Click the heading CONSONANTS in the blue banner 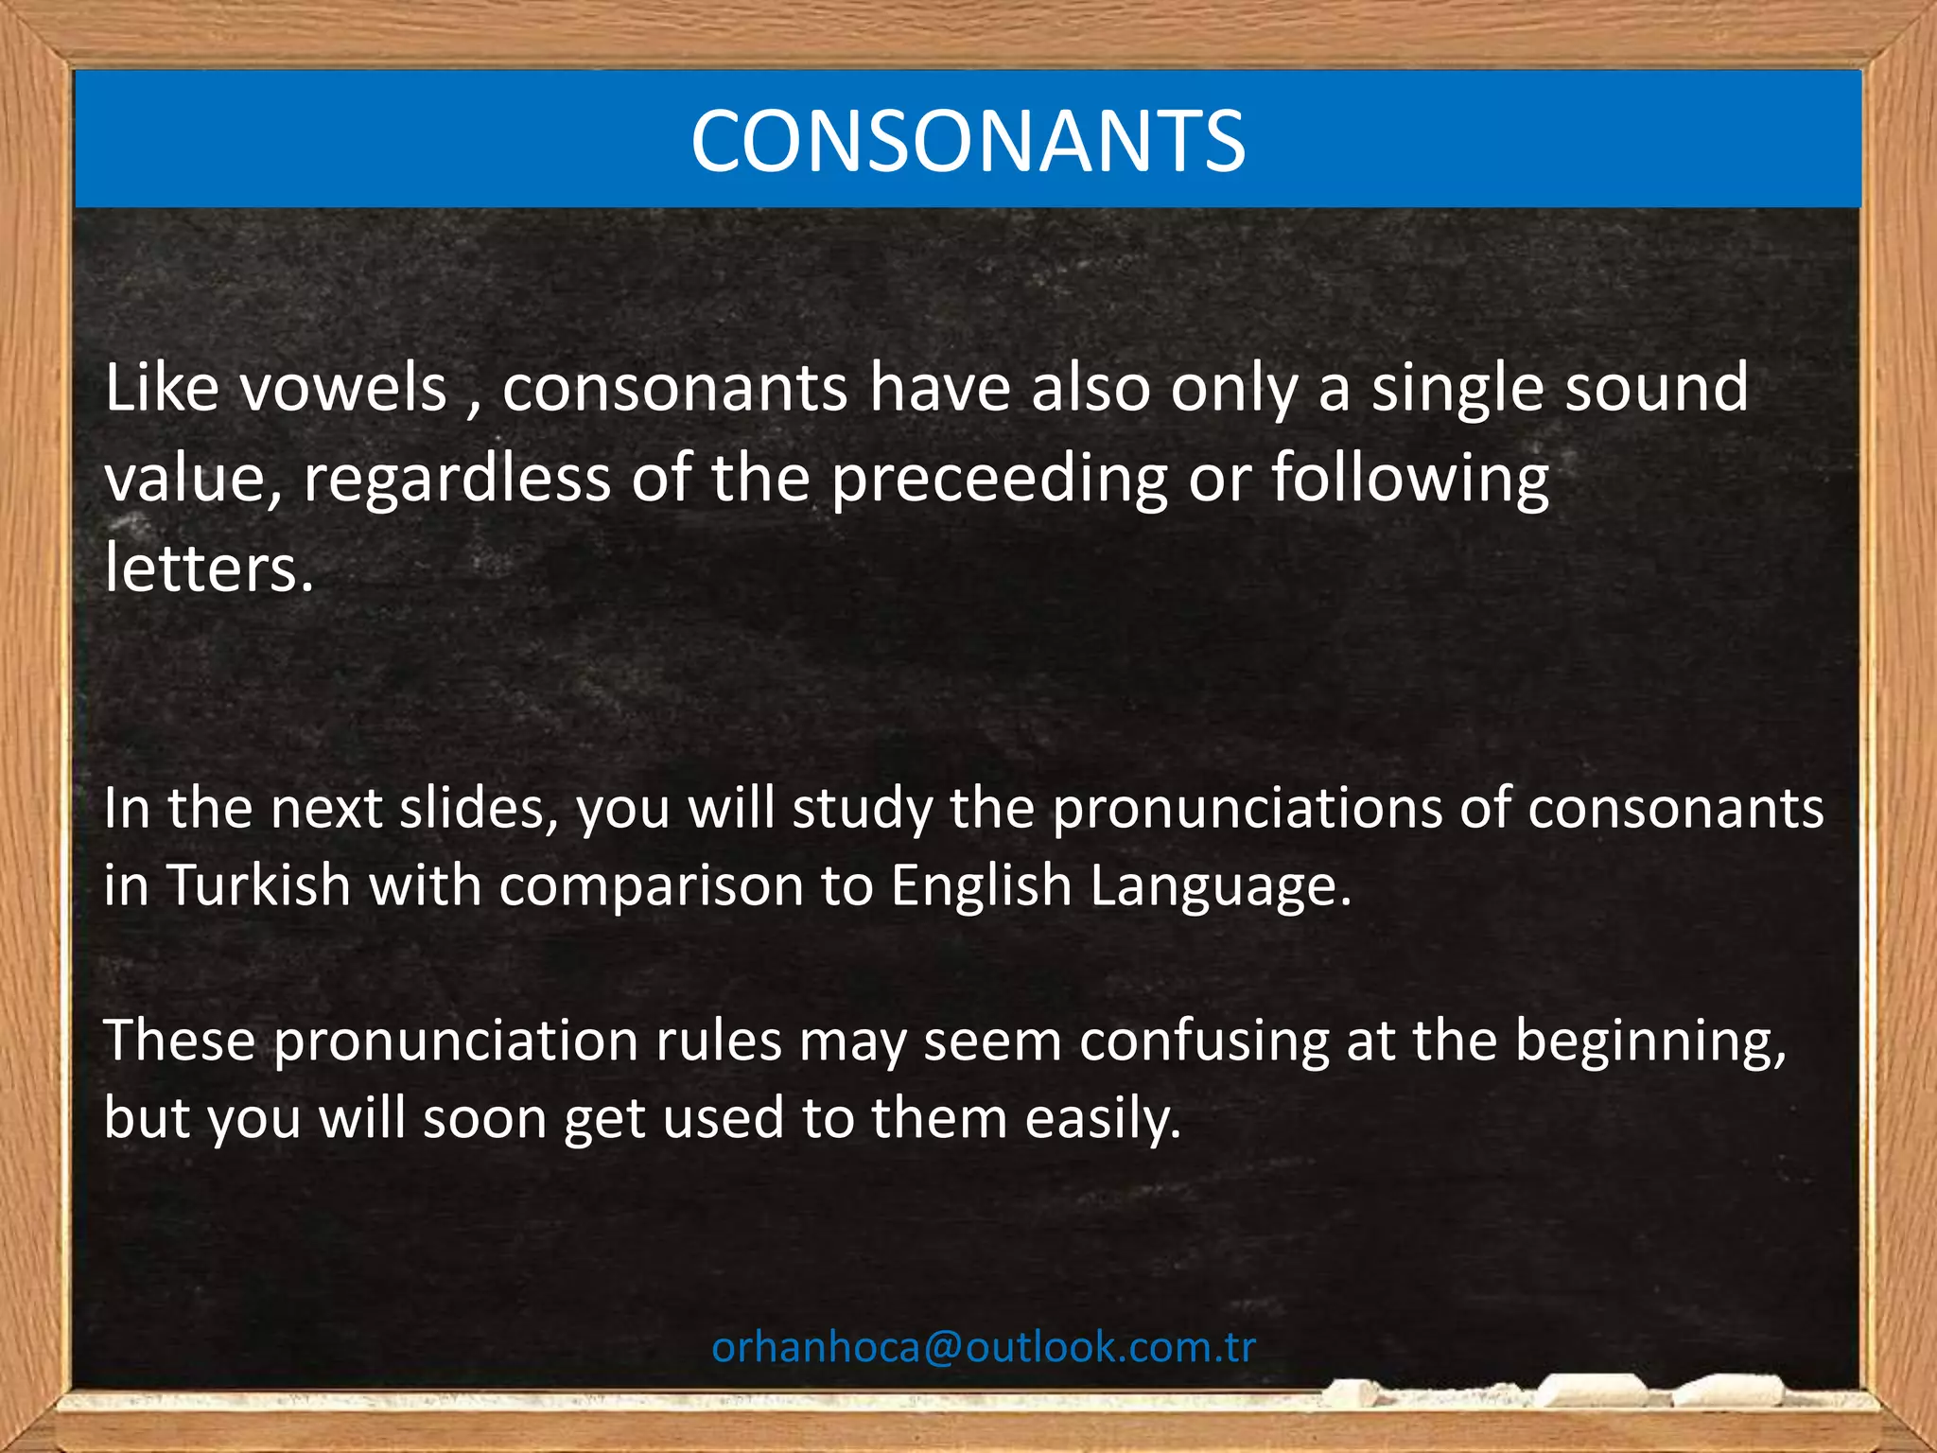(x=968, y=141)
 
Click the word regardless (x=457, y=479)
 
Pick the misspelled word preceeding (x=1000, y=479)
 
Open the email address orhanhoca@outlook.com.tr (x=984, y=1347)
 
